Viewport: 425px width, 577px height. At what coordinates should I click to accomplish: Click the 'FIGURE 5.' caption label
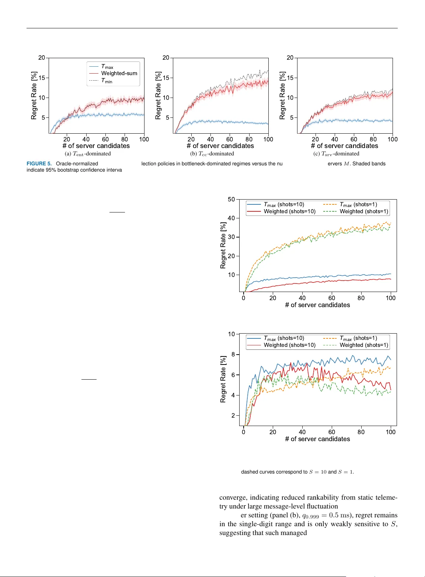coord(39,163)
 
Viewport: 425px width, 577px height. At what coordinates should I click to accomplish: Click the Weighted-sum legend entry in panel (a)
coord(119,73)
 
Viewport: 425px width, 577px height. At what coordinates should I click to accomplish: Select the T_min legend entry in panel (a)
coord(107,81)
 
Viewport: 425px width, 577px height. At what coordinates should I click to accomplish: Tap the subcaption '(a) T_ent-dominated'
coord(88,154)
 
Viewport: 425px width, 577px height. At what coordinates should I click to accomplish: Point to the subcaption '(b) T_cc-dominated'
coord(212,154)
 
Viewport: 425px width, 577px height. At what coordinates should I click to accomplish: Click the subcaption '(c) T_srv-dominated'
coord(336,154)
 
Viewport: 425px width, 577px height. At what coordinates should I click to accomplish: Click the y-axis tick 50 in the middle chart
coord(231,199)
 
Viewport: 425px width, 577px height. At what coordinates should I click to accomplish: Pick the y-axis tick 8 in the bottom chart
coord(233,354)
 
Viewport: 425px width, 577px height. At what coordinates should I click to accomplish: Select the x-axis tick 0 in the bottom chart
coord(243,432)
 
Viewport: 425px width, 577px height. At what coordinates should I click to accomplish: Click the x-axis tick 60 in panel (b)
coord(230,139)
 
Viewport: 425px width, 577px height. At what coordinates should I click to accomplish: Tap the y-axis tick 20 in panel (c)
coord(290,58)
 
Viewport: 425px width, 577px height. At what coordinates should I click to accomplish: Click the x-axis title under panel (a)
coord(96,146)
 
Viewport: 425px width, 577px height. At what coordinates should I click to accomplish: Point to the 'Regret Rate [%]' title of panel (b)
coord(158,95)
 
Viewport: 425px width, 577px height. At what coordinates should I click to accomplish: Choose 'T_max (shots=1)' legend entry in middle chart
coord(358,204)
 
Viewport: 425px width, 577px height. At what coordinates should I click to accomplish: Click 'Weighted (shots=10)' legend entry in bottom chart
coord(289,345)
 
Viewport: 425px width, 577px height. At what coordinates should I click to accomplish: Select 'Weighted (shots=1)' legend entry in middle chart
coord(363,211)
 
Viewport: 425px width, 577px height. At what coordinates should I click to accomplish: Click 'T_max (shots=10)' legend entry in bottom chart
coord(284,338)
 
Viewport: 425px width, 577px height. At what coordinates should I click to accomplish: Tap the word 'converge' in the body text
coord(233,497)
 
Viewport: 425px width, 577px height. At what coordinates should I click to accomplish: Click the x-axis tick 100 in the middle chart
coord(390,298)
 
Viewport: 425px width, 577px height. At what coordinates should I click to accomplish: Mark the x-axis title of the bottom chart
coord(317,439)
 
